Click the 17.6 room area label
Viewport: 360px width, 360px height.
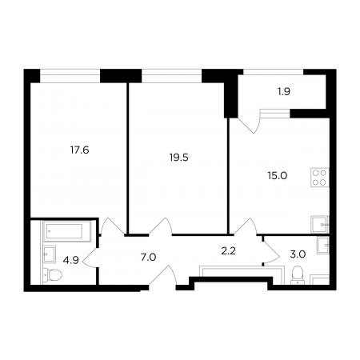(79, 150)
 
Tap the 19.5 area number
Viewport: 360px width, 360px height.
(179, 158)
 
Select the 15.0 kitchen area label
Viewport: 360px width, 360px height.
(278, 176)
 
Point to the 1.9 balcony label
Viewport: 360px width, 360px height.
(284, 92)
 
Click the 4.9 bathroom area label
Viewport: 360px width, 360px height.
(71, 260)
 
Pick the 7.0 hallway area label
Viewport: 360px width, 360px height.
(148, 258)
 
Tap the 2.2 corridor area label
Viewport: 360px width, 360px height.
(229, 251)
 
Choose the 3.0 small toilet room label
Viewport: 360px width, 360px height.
(298, 254)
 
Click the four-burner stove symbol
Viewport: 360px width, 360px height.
(320, 178)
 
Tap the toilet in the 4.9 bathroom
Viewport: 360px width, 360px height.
(53, 274)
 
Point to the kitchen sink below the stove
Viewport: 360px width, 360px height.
(320, 225)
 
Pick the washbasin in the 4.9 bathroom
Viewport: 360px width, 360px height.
(50, 254)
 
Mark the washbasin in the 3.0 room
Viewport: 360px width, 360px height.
(323, 245)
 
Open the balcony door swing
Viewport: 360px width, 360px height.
(249, 124)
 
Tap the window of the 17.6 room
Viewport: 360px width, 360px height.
(70, 76)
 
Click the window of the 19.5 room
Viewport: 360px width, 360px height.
(171, 76)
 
